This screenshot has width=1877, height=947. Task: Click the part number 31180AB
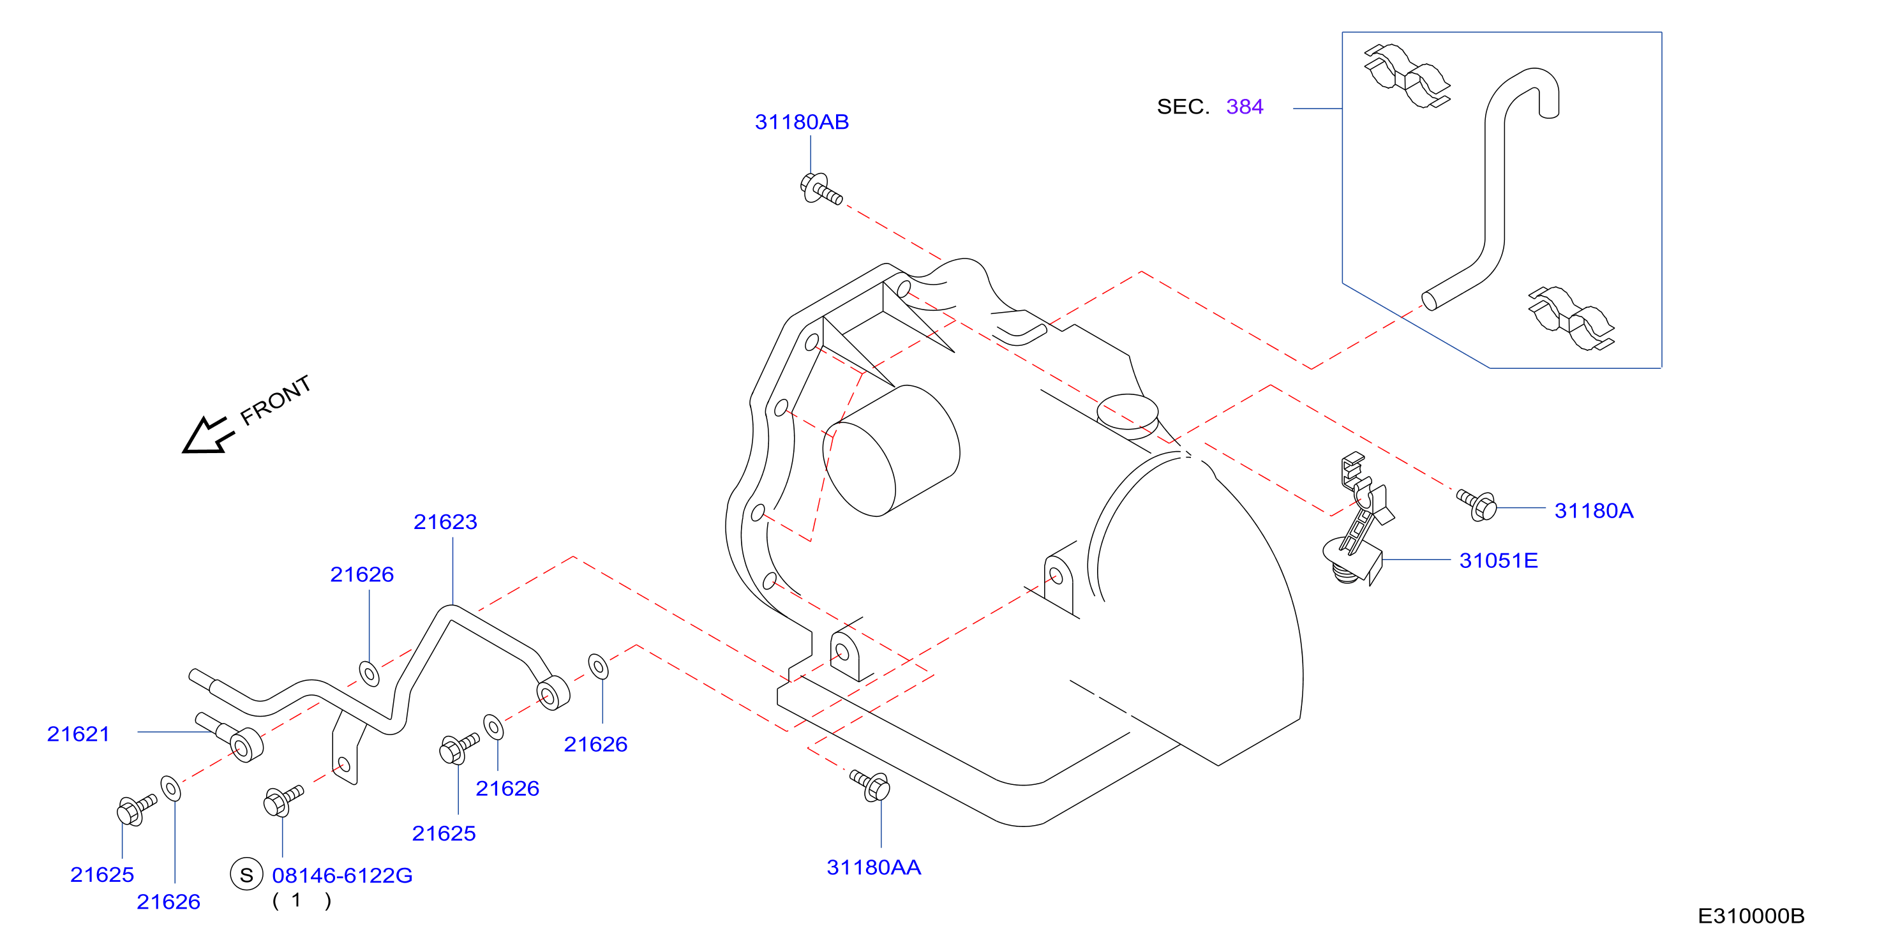(x=802, y=122)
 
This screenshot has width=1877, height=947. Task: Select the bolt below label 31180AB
(x=821, y=189)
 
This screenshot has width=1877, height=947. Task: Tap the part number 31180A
(x=1594, y=511)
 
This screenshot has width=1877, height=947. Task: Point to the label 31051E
(x=1498, y=560)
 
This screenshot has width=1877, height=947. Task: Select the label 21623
(x=445, y=521)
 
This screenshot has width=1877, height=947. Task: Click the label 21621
(x=78, y=734)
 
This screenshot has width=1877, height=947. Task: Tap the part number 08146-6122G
(x=341, y=875)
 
